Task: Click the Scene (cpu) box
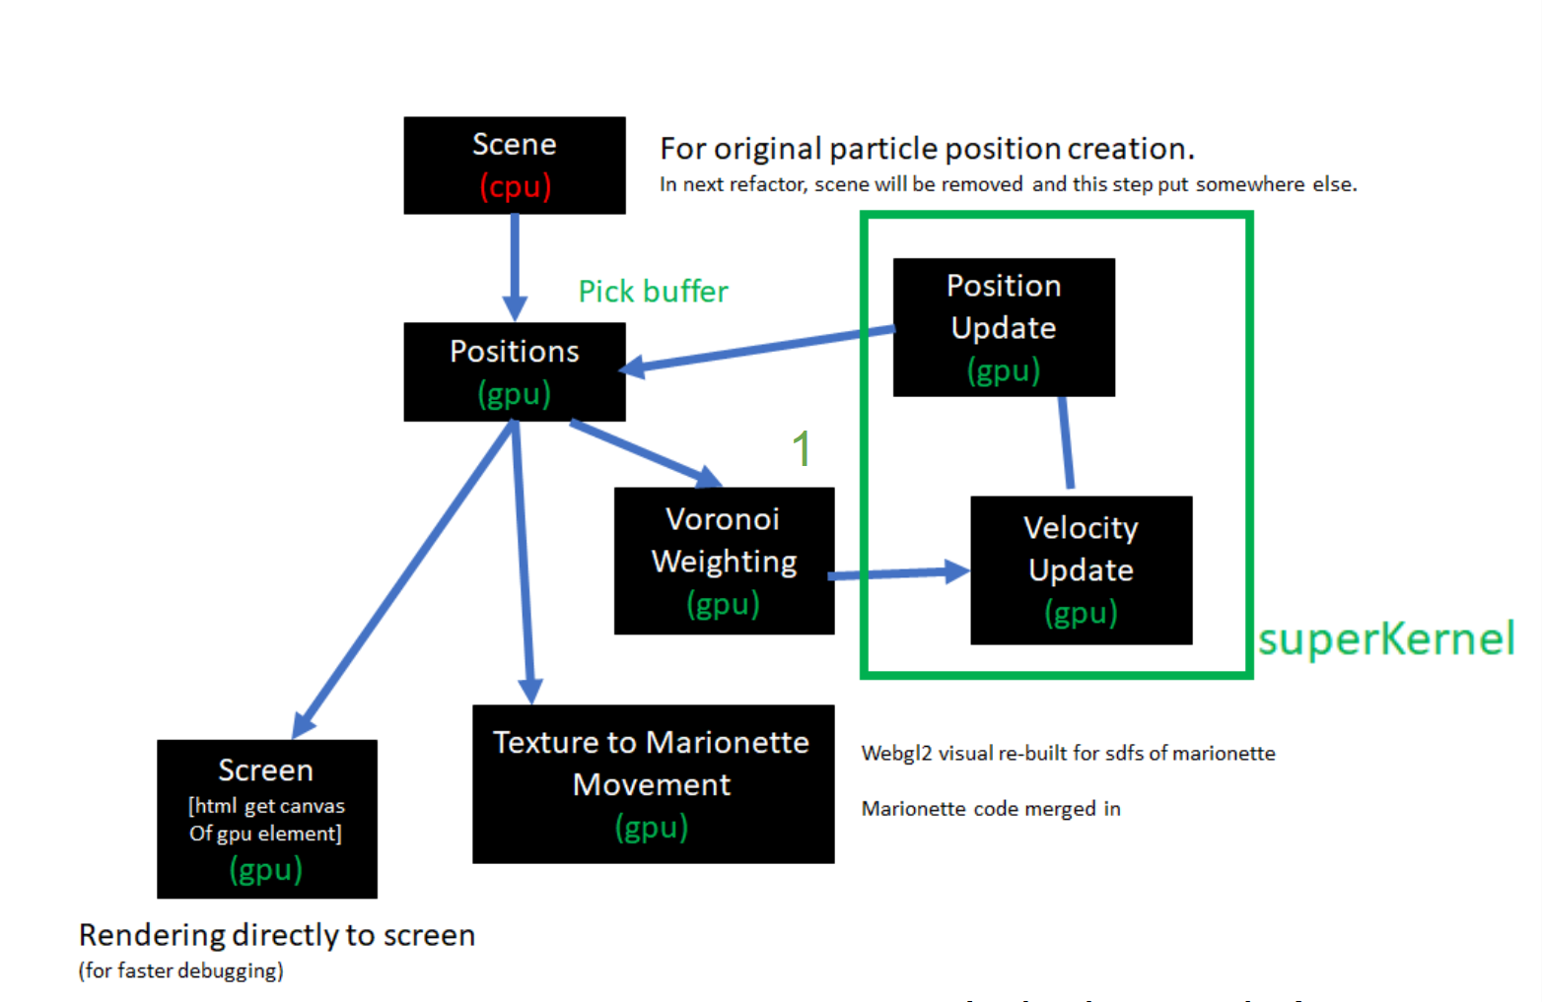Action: (514, 165)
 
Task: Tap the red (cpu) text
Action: (515, 186)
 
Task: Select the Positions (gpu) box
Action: (514, 371)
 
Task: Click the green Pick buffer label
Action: (653, 292)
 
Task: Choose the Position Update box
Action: (1004, 327)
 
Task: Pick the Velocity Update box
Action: (1081, 569)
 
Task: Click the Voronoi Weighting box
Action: (724, 560)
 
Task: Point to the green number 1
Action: (802, 449)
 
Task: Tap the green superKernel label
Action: (1385, 638)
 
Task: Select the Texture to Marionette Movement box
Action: (653, 783)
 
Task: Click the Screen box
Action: (266, 818)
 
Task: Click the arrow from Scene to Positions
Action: (515, 266)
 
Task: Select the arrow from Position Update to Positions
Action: (759, 350)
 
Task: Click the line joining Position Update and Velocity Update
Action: (1066, 443)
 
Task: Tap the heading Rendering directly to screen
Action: (277, 935)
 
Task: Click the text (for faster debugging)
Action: (181, 970)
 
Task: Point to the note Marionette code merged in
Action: (991, 809)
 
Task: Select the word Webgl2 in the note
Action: (896, 754)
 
